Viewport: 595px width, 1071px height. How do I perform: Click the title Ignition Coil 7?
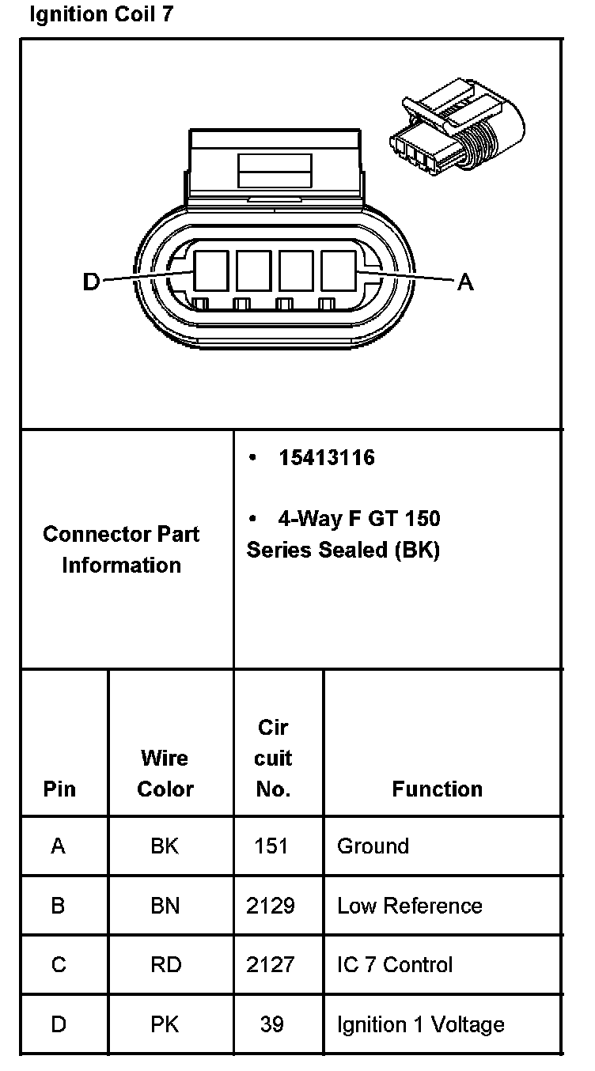click(100, 15)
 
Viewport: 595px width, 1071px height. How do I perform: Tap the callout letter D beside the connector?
click(92, 282)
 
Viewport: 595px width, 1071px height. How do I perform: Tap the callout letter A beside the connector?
click(465, 282)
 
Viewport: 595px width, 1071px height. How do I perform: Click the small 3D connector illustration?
click(457, 130)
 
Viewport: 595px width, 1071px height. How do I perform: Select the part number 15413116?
click(326, 458)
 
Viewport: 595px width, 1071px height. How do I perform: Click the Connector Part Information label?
click(121, 550)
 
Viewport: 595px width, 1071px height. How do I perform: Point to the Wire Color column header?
click(165, 774)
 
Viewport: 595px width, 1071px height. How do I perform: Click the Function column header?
click(437, 789)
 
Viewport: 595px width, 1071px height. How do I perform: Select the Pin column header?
click(60, 789)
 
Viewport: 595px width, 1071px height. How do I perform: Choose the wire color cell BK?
click(165, 846)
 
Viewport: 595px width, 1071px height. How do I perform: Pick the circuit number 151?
click(271, 846)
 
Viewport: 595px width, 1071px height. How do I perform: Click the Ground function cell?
click(373, 846)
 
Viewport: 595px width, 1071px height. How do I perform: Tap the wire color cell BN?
click(165, 906)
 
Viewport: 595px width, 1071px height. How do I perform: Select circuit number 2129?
click(271, 906)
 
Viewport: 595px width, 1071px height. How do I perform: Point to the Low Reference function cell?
click(409, 906)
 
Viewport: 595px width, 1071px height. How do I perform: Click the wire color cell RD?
click(165, 965)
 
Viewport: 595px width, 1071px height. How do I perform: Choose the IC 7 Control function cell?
click(395, 965)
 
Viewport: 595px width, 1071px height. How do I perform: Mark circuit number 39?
click(271, 1024)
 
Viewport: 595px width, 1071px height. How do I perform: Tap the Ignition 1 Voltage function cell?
click(420, 1024)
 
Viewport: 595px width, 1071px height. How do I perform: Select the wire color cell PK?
click(165, 1024)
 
